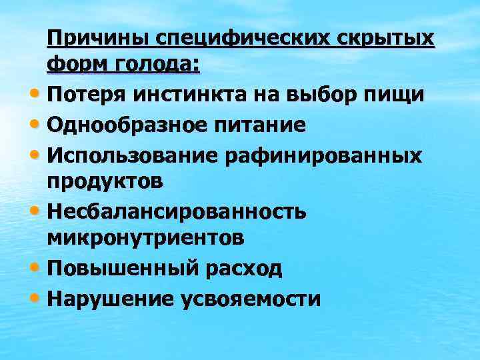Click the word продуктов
104,181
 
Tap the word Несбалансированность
177,211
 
